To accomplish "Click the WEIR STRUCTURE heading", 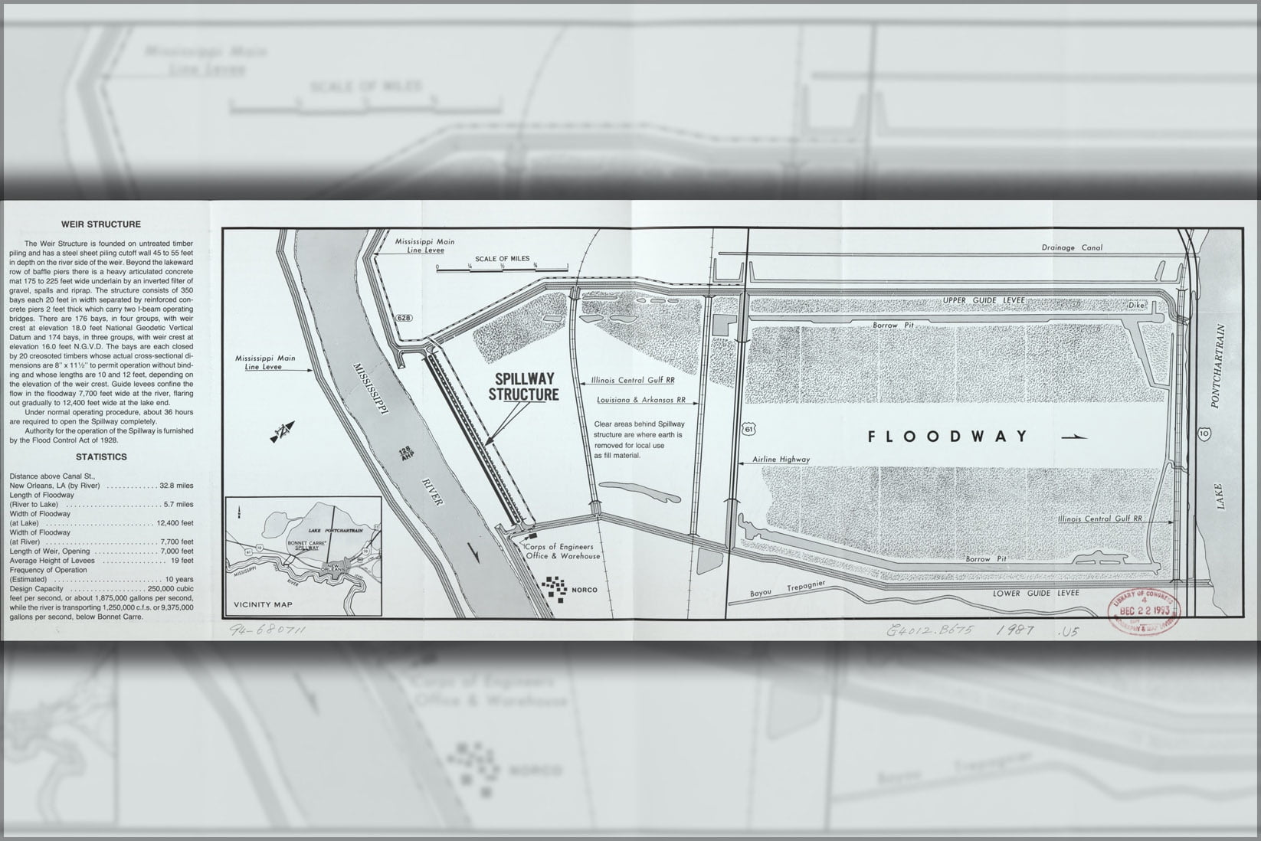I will pyautogui.click(x=101, y=224).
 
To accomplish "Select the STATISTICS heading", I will pyautogui.click(x=101, y=457).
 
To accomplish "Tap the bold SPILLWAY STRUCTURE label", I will pyautogui.click(x=524, y=387).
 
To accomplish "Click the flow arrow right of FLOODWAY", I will pyautogui.click(x=1075, y=437).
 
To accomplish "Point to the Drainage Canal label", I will pyautogui.click(x=1072, y=247).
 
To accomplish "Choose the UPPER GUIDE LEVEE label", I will pyautogui.click(x=984, y=300).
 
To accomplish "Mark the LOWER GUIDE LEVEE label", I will pyautogui.click(x=1035, y=593).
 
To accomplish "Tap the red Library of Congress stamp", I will pyautogui.click(x=1141, y=609).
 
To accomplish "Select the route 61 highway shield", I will pyautogui.click(x=748, y=430).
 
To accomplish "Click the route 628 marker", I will pyautogui.click(x=403, y=316).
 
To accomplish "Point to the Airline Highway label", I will pyautogui.click(x=781, y=459).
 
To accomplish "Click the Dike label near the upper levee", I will pyautogui.click(x=1135, y=305).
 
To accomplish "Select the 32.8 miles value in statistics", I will pyautogui.click(x=177, y=486).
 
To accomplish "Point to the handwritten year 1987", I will pyautogui.click(x=1015, y=630).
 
